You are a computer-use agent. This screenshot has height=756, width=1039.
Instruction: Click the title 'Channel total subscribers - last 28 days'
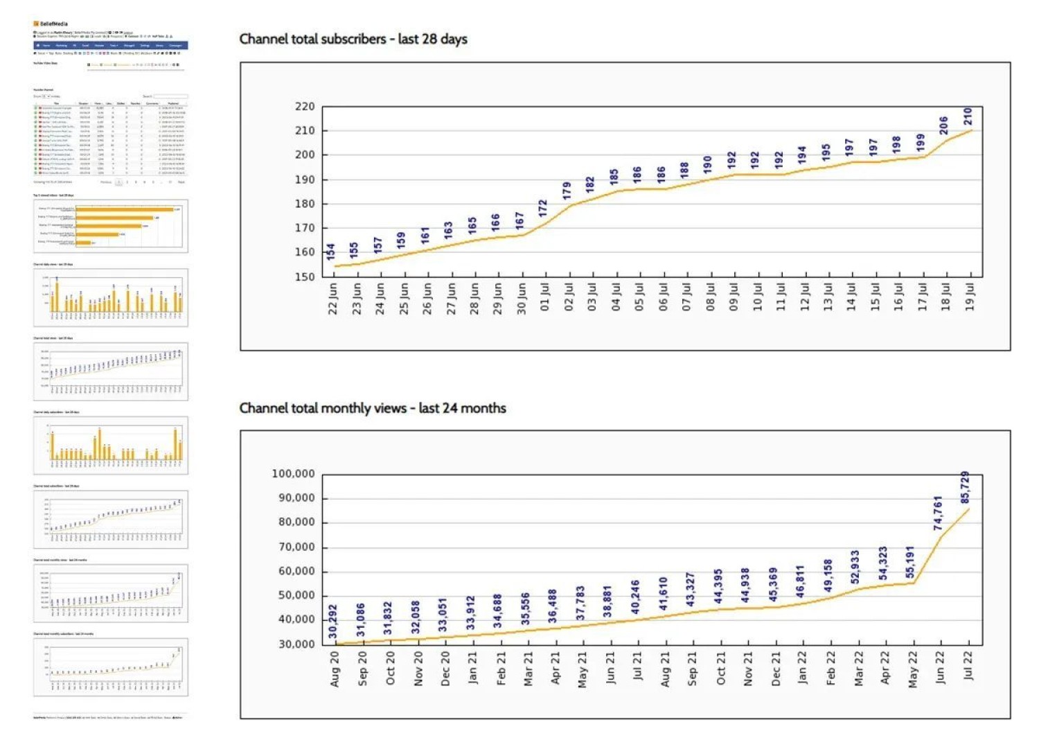tap(353, 39)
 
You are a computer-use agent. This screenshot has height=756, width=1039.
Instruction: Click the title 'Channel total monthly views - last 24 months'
tap(373, 408)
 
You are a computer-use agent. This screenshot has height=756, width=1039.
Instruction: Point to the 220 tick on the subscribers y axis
tap(305, 107)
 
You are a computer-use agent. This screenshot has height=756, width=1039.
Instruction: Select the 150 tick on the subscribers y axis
tap(305, 276)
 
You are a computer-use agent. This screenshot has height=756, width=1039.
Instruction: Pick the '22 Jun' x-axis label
tap(333, 298)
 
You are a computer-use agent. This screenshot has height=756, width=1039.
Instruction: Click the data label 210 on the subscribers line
tap(968, 116)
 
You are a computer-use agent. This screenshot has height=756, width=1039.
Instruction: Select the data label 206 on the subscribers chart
tap(944, 125)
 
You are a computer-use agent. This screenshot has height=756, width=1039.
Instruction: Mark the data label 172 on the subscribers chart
tap(543, 208)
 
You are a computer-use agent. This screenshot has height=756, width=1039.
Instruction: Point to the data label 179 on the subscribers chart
tap(567, 191)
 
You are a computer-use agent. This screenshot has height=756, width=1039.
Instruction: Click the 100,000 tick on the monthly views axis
tap(293, 474)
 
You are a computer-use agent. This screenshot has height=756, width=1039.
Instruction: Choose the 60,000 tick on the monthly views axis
tap(296, 571)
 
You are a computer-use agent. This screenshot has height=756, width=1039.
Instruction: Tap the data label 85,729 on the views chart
tap(965, 487)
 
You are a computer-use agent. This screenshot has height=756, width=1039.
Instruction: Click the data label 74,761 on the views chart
tap(938, 513)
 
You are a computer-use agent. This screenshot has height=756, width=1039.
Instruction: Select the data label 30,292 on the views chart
tap(333, 622)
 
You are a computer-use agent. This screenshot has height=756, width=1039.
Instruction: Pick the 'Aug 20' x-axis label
tap(335, 669)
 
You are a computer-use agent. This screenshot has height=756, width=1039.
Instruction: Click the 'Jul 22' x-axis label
tap(968, 665)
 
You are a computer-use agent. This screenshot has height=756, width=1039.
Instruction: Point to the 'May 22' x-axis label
tap(913, 669)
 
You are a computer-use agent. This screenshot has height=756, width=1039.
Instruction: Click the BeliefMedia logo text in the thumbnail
tap(53, 24)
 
